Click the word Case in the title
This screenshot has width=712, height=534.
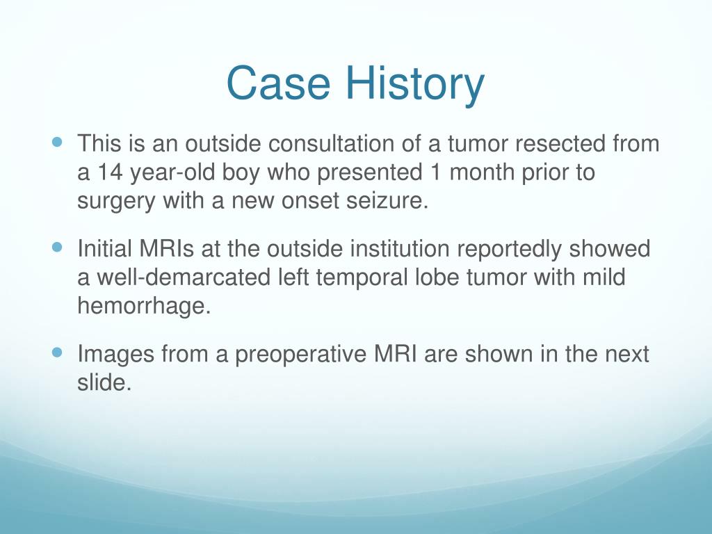(x=278, y=83)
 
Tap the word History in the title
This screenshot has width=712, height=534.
(x=416, y=86)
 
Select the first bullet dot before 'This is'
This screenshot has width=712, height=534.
(x=57, y=142)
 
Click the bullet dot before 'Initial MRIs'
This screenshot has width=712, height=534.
(x=57, y=248)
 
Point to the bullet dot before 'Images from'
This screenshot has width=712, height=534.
(x=57, y=353)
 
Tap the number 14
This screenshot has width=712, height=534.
(x=110, y=172)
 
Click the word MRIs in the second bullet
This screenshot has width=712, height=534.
(x=167, y=249)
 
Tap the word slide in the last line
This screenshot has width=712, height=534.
(x=104, y=382)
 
